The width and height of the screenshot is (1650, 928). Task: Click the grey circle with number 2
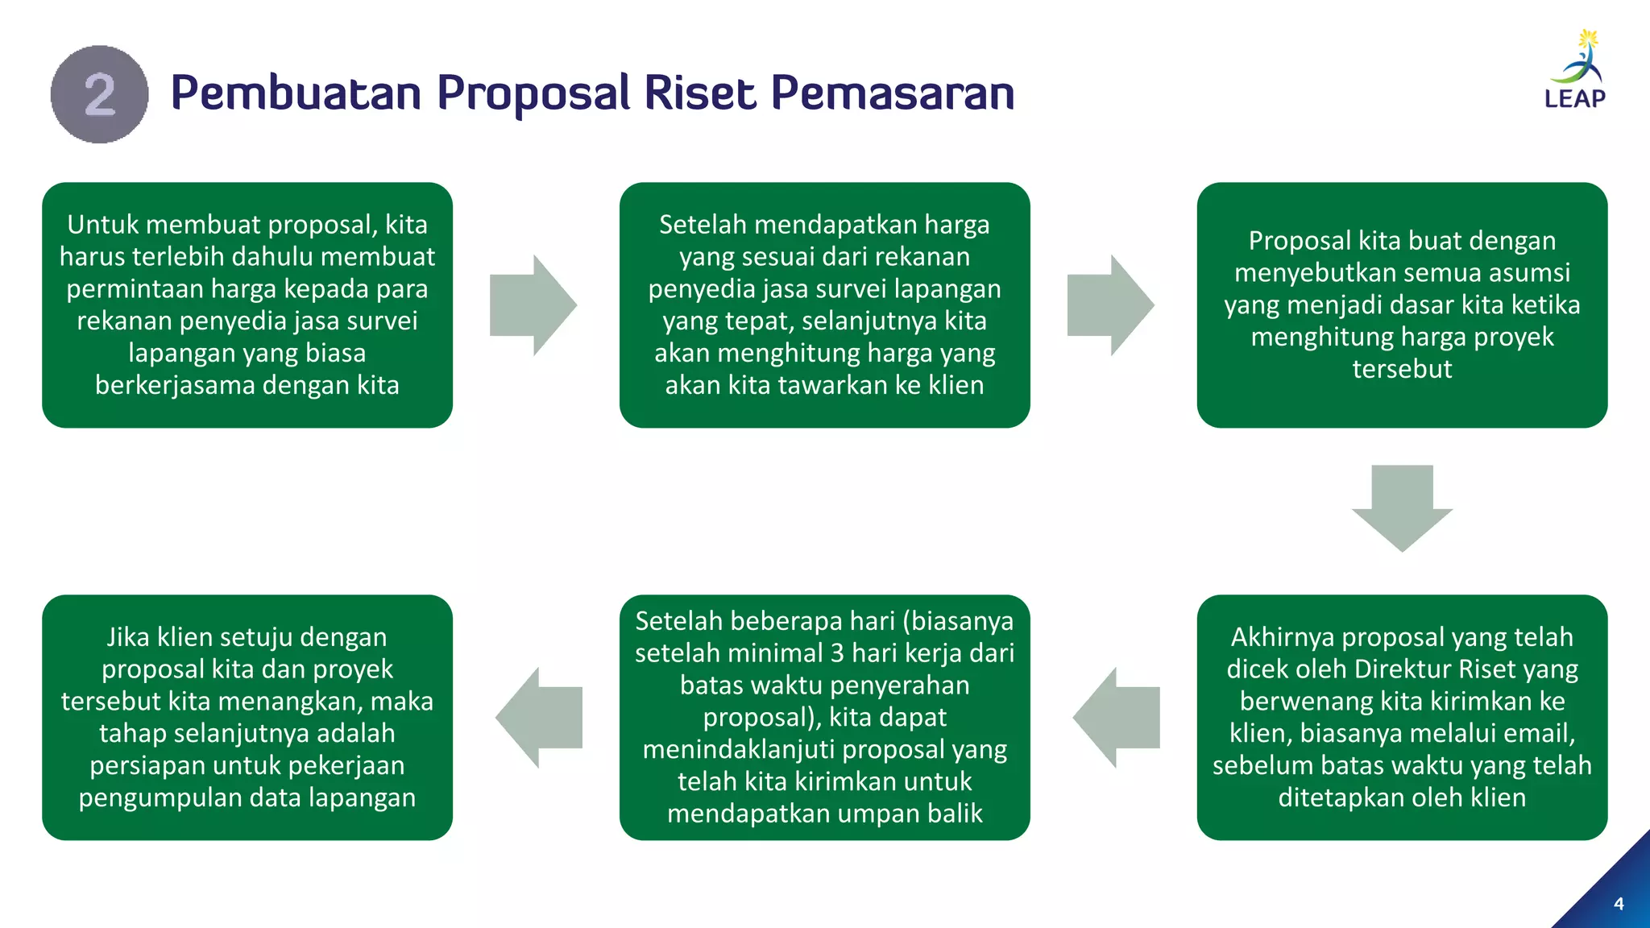99,94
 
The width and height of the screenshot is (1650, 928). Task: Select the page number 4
1619,904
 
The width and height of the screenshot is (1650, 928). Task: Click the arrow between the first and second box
533,305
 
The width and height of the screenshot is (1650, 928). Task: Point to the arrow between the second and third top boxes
1110,305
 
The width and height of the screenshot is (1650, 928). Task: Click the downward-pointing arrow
1402,507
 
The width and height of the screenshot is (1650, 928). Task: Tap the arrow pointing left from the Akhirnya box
1117,718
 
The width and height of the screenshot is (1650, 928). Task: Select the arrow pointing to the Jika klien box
539,718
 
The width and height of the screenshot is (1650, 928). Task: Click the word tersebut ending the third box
1402,369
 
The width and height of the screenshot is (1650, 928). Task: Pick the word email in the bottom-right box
1537,733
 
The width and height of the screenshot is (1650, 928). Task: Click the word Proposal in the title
533,93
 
